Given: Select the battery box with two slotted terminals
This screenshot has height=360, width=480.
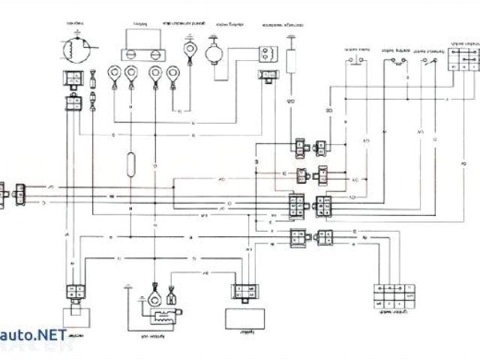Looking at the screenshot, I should coord(141,46).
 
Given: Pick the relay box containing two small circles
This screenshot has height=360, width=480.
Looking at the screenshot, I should coord(267,52).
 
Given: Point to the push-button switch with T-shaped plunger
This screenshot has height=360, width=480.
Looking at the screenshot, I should coord(358,59).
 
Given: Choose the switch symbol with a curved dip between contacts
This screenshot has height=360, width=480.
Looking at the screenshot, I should coord(394,60).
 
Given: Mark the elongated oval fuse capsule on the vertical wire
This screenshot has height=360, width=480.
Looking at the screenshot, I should coord(131,163).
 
